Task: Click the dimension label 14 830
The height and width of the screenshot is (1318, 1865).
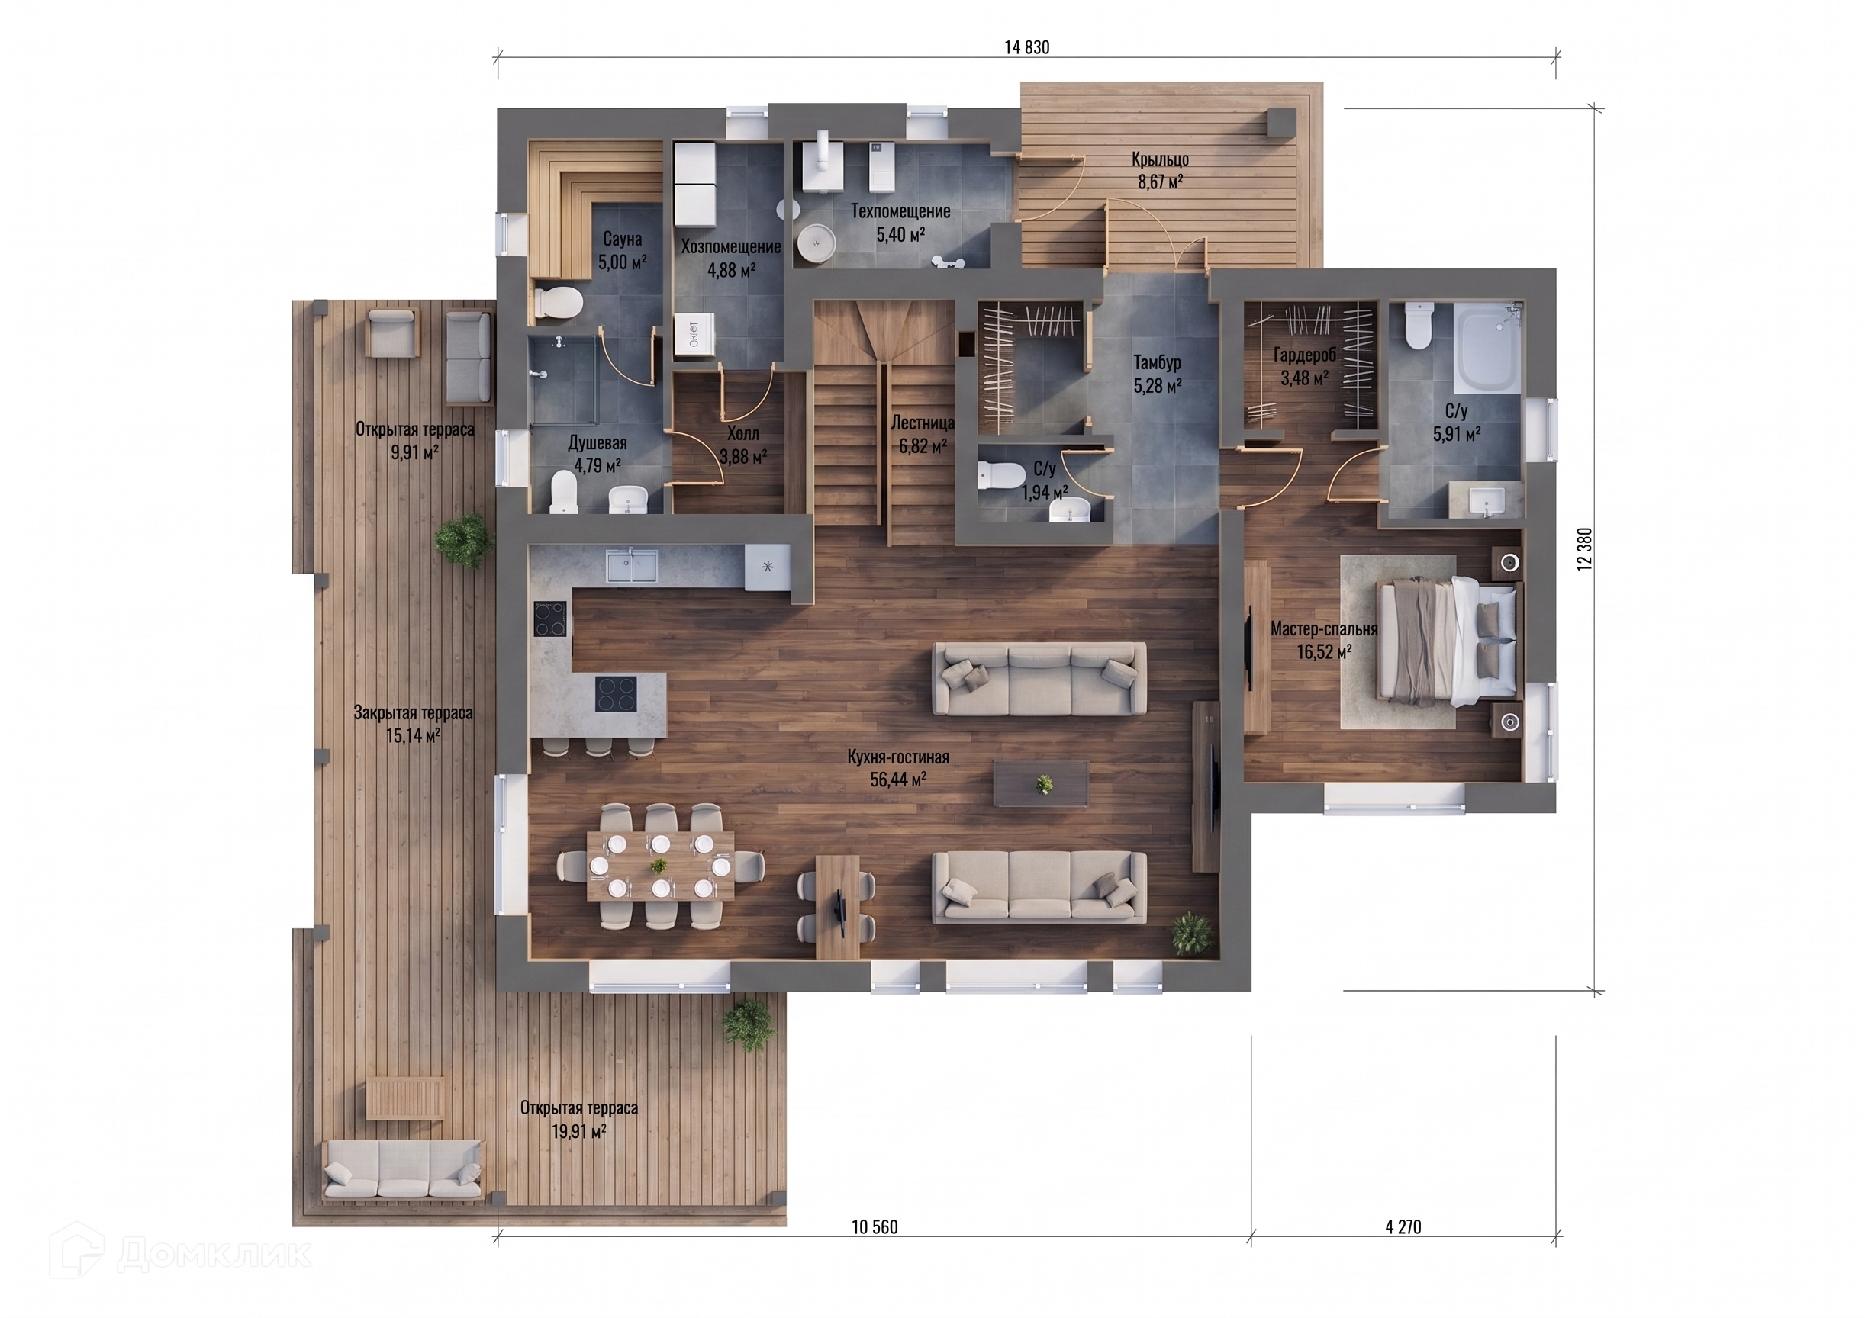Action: (x=1026, y=48)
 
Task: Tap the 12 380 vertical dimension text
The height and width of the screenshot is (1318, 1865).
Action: (x=1585, y=549)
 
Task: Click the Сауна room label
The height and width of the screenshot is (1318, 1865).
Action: (x=622, y=239)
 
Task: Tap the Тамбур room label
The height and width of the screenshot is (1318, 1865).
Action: (x=1158, y=362)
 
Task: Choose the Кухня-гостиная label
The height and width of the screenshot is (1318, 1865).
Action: (x=898, y=757)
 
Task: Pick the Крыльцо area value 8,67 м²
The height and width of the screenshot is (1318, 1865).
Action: (x=1160, y=182)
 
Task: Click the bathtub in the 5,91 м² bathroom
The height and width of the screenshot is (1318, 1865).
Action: (x=1488, y=349)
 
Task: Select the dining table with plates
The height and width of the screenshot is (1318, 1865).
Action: (x=660, y=866)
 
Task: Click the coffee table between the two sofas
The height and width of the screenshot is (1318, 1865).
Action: (x=1042, y=783)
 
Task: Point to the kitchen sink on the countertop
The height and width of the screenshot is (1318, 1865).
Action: (x=632, y=565)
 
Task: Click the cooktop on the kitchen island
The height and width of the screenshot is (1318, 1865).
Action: (x=615, y=693)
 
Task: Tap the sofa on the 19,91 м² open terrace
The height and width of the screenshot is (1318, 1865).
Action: (x=403, y=1170)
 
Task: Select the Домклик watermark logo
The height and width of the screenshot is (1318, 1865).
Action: (x=179, y=1255)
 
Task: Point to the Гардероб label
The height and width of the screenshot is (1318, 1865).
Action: (x=1305, y=355)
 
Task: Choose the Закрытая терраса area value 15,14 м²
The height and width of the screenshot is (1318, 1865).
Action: (x=414, y=737)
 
